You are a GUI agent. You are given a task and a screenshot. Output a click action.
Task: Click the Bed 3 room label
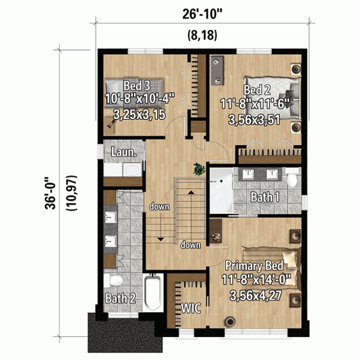click(x=137, y=85)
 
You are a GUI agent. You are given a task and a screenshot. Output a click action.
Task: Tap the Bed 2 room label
click(x=257, y=89)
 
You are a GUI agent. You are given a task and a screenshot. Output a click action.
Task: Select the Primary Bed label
click(x=254, y=266)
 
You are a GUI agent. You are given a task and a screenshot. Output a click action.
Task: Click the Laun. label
click(x=123, y=152)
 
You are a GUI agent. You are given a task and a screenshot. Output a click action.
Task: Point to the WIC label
click(x=191, y=308)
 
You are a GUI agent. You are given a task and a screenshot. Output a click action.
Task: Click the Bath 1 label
click(x=265, y=197)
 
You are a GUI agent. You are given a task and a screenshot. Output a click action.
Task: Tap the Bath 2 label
click(x=120, y=298)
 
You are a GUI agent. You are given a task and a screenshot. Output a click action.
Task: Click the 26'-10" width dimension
click(x=202, y=14)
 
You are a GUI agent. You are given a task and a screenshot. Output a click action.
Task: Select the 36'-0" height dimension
click(x=50, y=193)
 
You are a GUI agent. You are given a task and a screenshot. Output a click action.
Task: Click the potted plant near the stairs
click(x=199, y=169)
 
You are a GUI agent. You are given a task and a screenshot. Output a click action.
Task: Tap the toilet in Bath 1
click(x=292, y=177)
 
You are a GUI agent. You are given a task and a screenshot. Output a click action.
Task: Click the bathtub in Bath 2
click(x=153, y=292)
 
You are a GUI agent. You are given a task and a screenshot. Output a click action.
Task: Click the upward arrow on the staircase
click(x=191, y=192)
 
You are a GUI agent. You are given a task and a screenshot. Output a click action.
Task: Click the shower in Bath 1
click(x=221, y=191)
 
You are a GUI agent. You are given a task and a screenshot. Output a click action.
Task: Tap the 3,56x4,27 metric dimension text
click(x=255, y=295)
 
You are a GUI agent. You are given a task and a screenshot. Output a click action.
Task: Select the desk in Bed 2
click(x=217, y=70)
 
